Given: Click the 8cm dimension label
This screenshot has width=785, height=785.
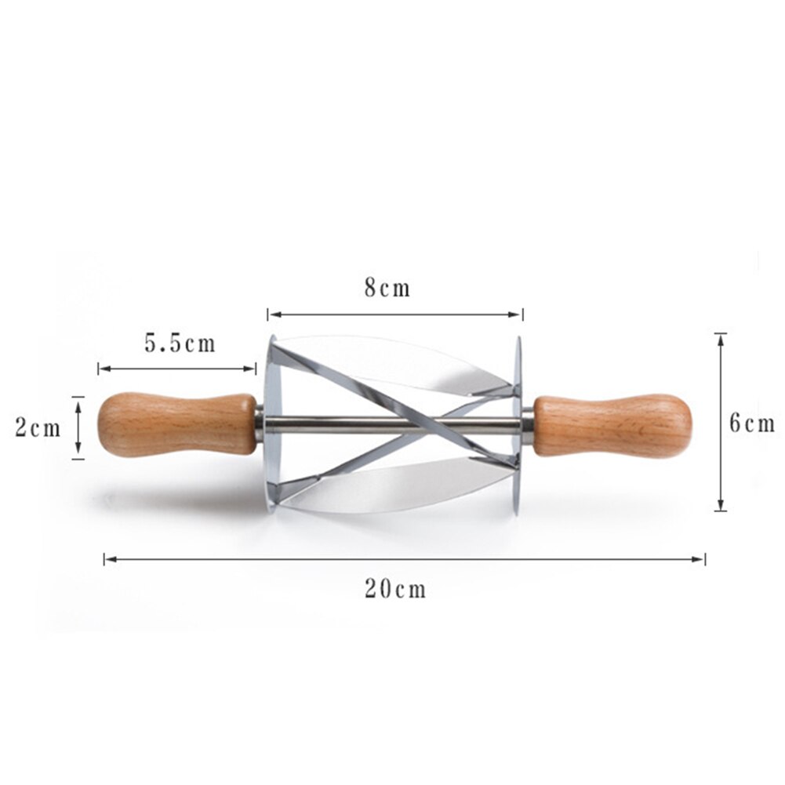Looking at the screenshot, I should click(387, 288).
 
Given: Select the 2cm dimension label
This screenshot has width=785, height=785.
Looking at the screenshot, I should click(38, 428).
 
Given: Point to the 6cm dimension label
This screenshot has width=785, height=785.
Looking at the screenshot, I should click(751, 424).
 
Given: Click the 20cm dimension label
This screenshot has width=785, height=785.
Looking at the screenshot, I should click(395, 589).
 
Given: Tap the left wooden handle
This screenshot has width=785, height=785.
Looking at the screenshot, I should click(176, 423).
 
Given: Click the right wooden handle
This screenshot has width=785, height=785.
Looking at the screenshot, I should click(612, 426).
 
